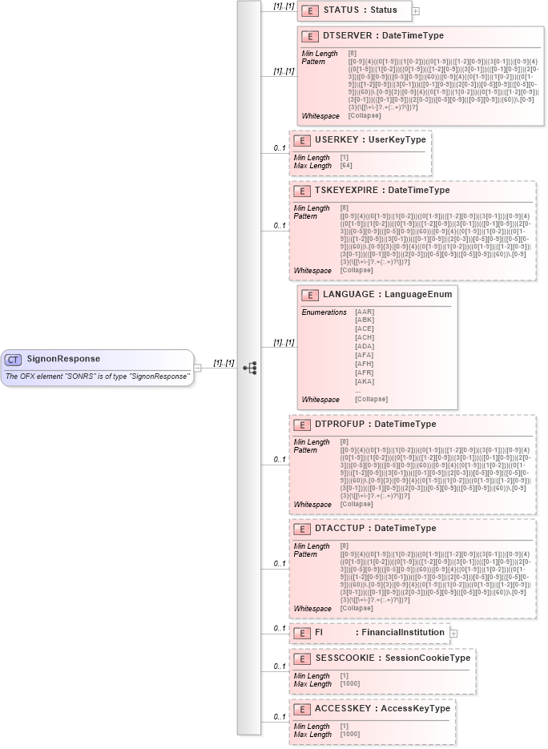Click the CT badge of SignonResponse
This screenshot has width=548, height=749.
pyautogui.click(x=14, y=359)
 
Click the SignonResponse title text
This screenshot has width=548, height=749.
pyautogui.click(x=63, y=359)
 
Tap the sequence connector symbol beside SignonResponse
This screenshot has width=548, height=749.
pyautogui.click(x=250, y=368)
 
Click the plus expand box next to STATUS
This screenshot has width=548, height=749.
pyautogui.click(x=416, y=10)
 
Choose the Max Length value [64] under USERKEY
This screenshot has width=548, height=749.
pyautogui.click(x=347, y=165)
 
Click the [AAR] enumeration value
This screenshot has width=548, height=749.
pyautogui.click(x=365, y=312)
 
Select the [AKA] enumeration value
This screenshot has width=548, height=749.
pyautogui.click(x=365, y=383)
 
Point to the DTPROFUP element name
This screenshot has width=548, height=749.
pyautogui.click(x=340, y=424)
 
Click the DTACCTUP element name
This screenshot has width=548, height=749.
pyautogui.click(x=341, y=529)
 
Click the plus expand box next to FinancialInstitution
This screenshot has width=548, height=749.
pyautogui.click(x=453, y=633)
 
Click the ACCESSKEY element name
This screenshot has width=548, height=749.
pyautogui.click(x=344, y=709)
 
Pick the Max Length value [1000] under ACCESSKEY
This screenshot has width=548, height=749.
pyautogui.click(x=350, y=735)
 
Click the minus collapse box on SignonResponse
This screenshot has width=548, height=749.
pyautogui.click(x=198, y=368)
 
